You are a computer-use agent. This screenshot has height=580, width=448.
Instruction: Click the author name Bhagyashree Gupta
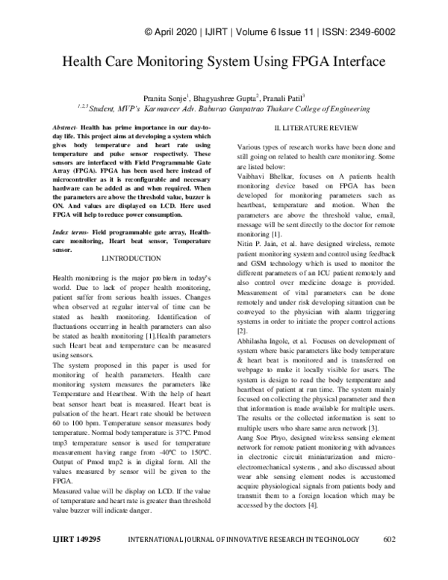point(233,97)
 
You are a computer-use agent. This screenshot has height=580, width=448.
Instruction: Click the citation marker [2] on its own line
point(241,330)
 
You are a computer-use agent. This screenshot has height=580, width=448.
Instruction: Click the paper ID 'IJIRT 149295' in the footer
point(81,559)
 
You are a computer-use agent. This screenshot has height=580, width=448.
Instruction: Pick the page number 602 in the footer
point(388,559)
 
